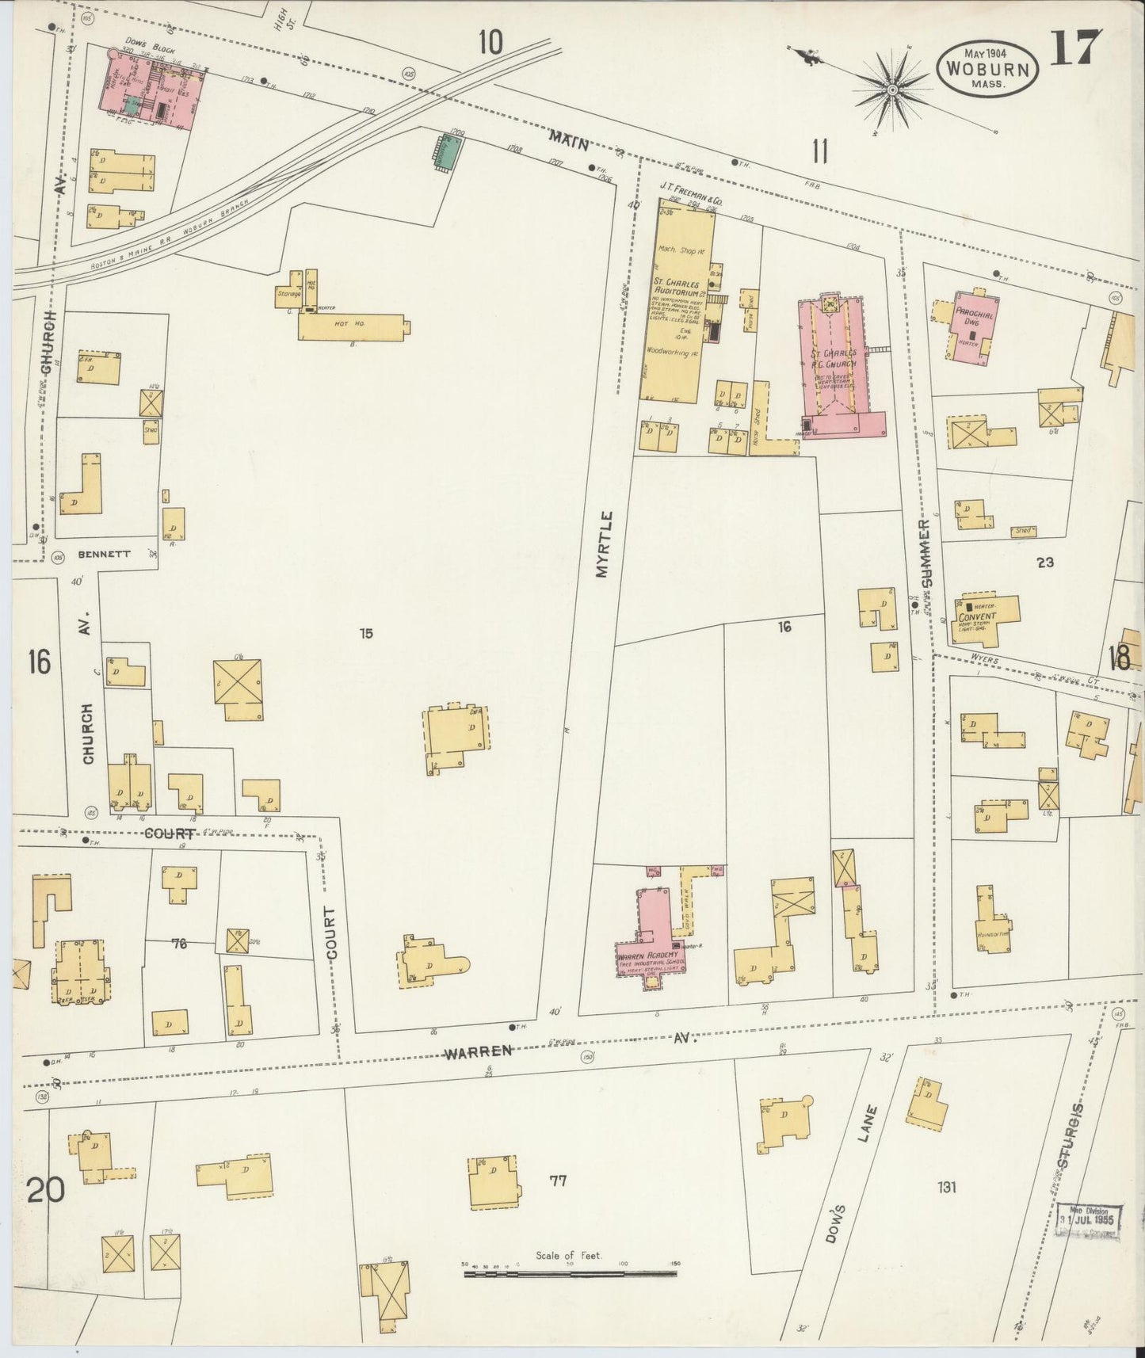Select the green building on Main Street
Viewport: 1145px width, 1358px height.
(448, 151)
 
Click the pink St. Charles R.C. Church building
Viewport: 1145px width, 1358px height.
(842, 364)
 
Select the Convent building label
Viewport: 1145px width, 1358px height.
(977, 618)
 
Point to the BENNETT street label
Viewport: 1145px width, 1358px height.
(104, 555)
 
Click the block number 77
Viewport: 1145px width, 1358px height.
(558, 1181)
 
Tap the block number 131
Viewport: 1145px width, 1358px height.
(946, 1187)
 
